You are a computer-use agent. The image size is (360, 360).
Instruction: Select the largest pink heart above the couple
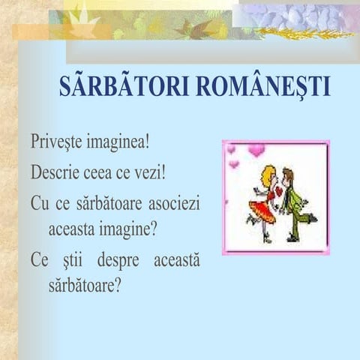[x=256, y=150]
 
